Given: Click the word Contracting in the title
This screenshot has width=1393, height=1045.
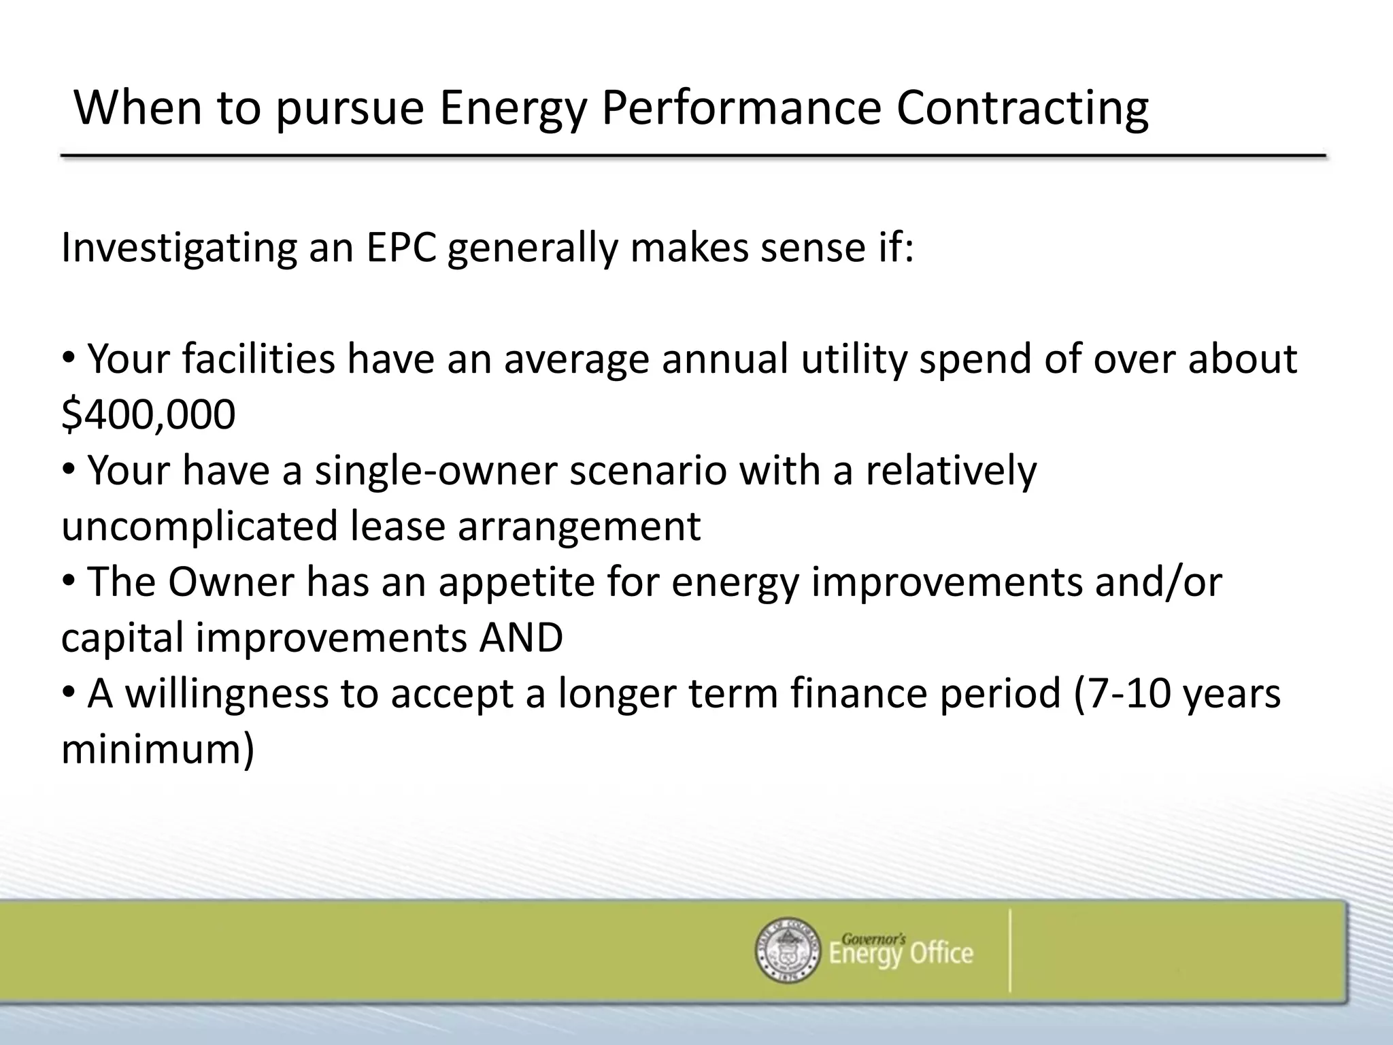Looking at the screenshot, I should (x=1022, y=109).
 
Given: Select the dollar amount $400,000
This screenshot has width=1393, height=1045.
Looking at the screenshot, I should (x=148, y=414).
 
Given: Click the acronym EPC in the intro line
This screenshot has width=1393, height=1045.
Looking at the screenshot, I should (x=401, y=248).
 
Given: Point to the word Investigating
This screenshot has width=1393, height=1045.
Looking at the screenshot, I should (x=179, y=249).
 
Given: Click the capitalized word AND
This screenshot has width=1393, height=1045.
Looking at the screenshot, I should (x=521, y=637).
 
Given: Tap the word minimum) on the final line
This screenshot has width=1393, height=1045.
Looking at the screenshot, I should (x=158, y=750).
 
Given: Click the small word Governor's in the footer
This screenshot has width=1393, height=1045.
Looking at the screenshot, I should (x=873, y=939).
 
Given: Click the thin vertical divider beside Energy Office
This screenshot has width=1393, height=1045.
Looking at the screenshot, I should (x=1010, y=950).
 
